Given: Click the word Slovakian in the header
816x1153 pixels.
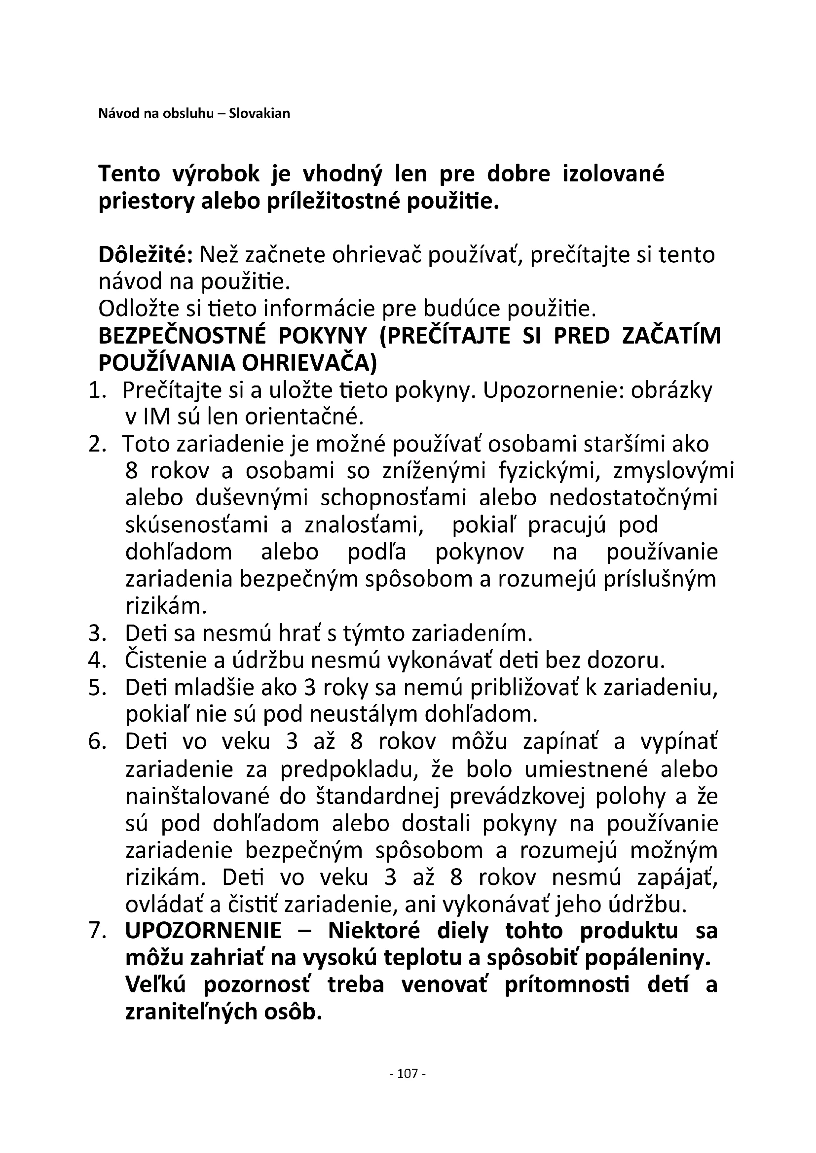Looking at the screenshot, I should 260,113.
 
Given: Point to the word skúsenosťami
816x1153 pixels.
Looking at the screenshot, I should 197,525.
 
